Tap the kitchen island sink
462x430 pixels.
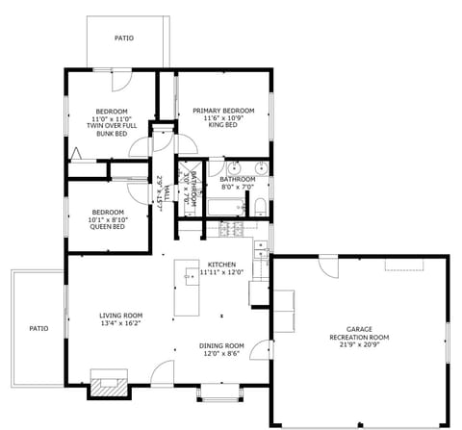[x=186, y=279]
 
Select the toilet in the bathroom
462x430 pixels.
[x=260, y=204]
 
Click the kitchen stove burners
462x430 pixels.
[x=231, y=230]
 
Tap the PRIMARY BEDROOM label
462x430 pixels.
[x=223, y=111]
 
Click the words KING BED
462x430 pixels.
[x=223, y=126]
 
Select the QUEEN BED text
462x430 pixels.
[x=108, y=227]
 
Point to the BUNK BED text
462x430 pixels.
[x=112, y=134]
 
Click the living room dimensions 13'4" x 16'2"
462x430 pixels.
[x=120, y=324]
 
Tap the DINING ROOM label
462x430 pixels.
[x=221, y=345]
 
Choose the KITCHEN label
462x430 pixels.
[x=222, y=264]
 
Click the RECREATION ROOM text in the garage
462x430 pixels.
[x=358, y=338]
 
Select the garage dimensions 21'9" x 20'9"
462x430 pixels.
[x=358, y=345]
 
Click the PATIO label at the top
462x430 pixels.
[x=124, y=38]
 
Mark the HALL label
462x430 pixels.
[x=166, y=192]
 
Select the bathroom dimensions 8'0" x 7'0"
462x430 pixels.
[x=238, y=187]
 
